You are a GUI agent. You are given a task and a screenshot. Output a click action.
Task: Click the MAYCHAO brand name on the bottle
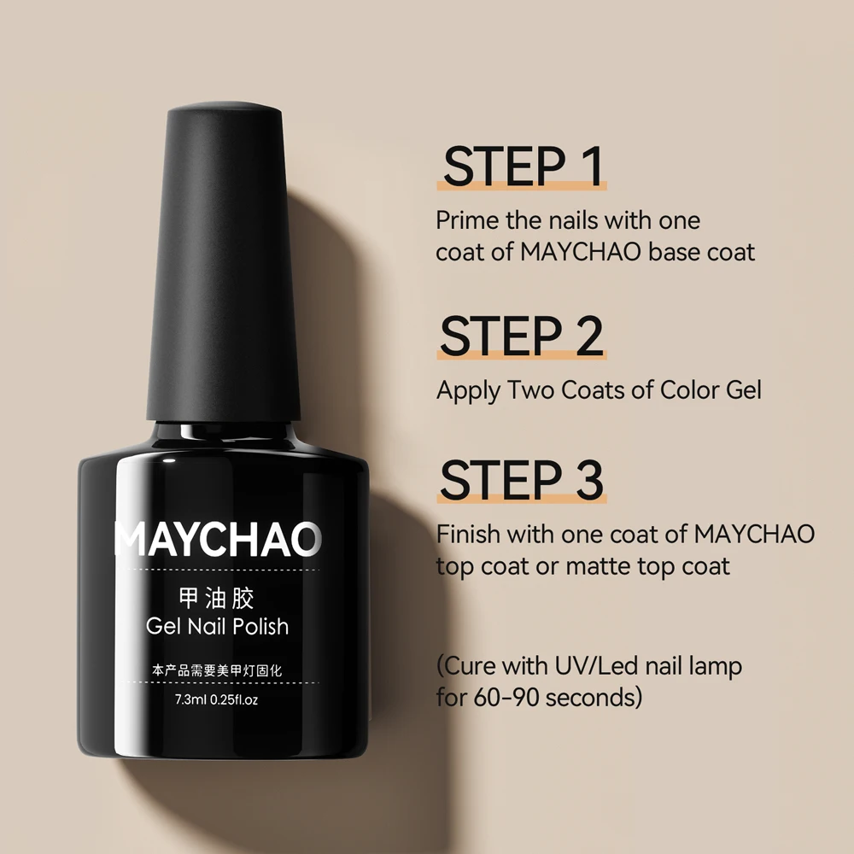click(x=219, y=539)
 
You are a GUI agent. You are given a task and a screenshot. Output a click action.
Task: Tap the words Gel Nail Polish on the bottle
click(x=218, y=626)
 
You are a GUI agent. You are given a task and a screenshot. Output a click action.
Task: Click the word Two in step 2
click(x=531, y=390)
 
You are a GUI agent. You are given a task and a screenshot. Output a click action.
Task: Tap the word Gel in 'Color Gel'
click(x=738, y=390)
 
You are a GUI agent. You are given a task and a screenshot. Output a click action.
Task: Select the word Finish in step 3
click(x=467, y=535)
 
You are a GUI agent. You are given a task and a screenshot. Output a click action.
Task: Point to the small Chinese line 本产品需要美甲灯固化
click(x=217, y=671)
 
